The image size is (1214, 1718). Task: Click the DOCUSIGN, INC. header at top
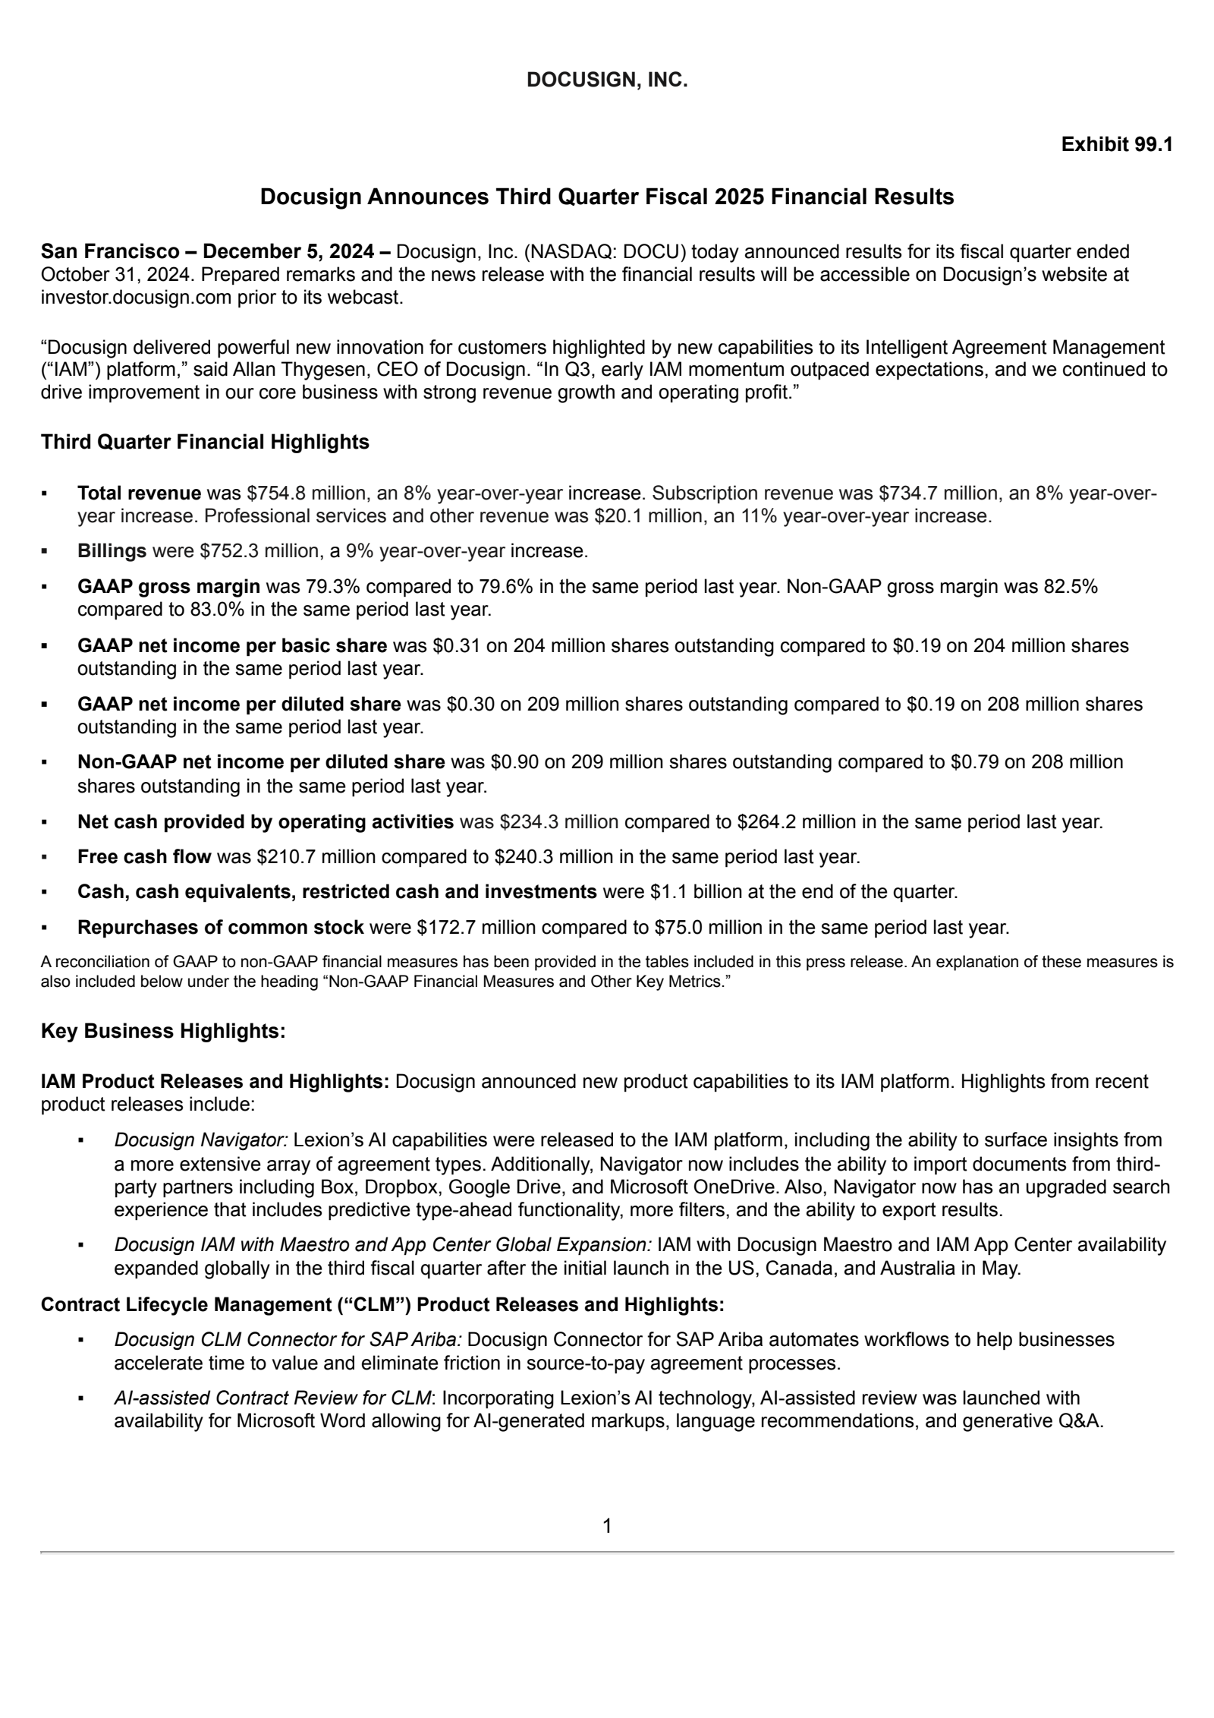[x=606, y=80]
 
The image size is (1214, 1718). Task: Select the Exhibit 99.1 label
[x=1117, y=144]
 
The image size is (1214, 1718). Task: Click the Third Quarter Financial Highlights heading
[x=205, y=442]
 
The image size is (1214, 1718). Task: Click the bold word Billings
[x=112, y=551]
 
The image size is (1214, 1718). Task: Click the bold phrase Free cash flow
[x=144, y=857]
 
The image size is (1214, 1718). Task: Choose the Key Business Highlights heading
[x=163, y=1031]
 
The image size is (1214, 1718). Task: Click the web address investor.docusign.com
[x=136, y=298]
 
